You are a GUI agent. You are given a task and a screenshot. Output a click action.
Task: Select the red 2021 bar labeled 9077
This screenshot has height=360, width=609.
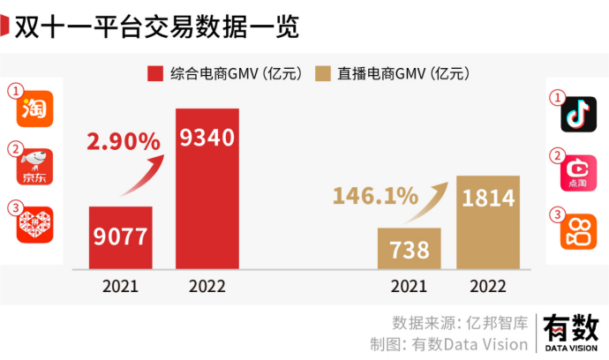(x=121, y=237)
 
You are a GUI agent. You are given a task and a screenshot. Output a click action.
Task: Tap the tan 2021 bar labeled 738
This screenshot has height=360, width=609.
(x=409, y=248)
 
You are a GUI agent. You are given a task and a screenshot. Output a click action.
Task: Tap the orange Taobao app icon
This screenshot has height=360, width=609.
(x=36, y=109)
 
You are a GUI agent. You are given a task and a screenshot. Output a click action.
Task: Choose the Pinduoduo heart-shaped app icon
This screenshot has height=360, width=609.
(x=36, y=225)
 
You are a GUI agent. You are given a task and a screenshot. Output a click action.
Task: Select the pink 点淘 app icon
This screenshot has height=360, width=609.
(x=579, y=173)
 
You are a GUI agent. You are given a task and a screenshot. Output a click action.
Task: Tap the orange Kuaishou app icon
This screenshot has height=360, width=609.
(x=579, y=231)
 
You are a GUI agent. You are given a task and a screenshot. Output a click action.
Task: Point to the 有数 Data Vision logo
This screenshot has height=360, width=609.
(x=570, y=333)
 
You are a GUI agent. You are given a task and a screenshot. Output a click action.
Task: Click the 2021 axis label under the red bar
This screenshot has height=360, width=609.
(x=120, y=286)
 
